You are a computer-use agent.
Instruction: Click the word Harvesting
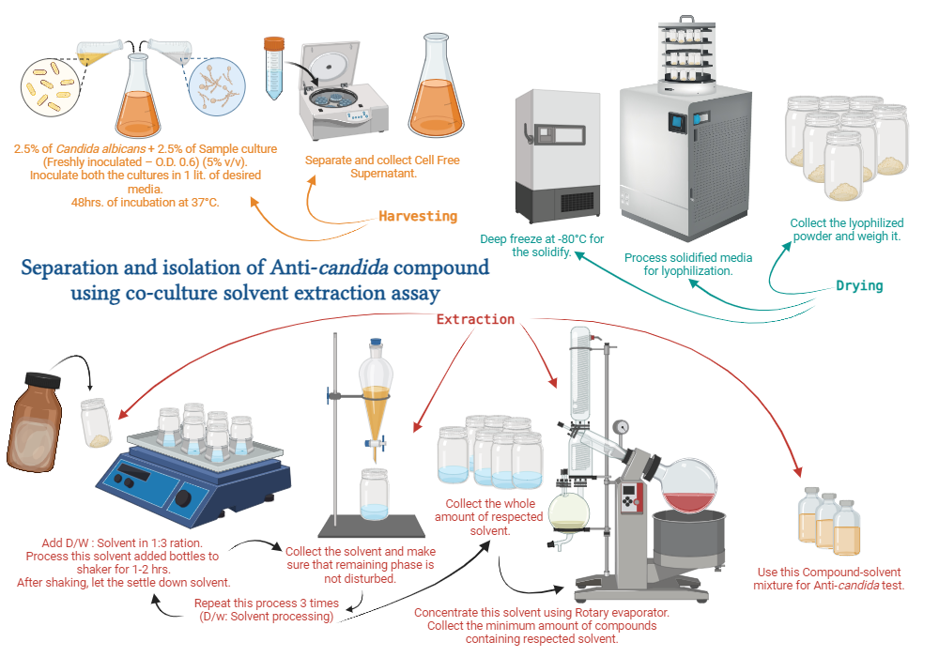point(418,217)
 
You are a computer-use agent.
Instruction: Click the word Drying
point(859,285)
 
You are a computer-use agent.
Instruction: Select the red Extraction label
point(476,319)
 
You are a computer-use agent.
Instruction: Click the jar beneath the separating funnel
point(375,495)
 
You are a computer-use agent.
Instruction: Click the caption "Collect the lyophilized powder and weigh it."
point(846,230)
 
